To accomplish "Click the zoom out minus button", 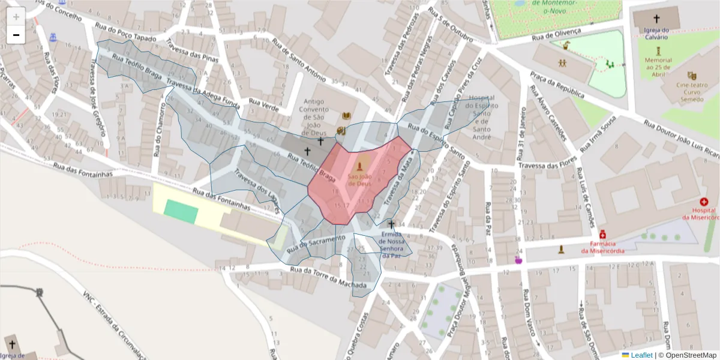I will coord(16,35).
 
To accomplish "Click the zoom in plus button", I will coord(16,16).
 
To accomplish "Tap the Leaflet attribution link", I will coord(641,355).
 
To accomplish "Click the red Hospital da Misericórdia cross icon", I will coord(704,202).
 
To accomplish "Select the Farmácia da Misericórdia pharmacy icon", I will coord(602,233).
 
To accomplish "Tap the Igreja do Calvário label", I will coord(656,34).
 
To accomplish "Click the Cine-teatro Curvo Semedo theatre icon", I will coord(692,76).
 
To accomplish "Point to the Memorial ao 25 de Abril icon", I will coord(659,50).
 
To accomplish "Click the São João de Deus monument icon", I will coord(360,166).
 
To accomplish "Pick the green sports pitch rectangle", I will coord(181,211).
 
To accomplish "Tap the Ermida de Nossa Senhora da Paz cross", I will coord(391,224).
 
